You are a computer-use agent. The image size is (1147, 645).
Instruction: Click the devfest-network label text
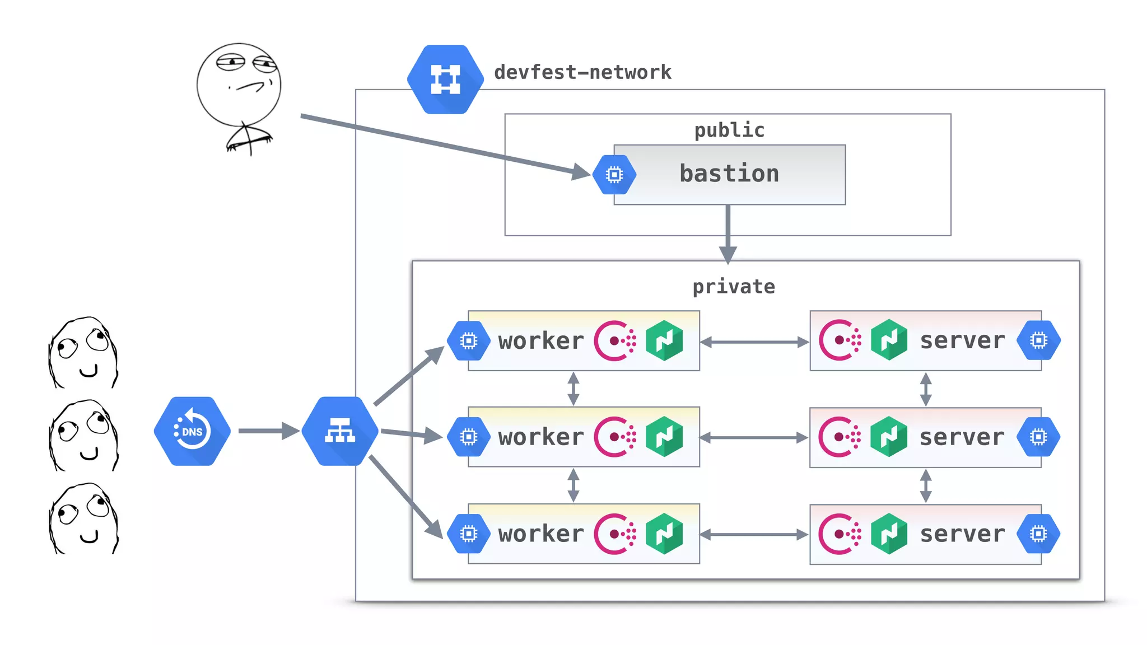(582, 72)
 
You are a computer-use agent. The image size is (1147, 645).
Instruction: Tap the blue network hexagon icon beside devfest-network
(445, 80)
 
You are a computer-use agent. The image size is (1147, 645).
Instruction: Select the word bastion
(729, 174)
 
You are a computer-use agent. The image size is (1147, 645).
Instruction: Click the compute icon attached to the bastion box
(614, 175)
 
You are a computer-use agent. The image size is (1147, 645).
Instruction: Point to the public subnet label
(729, 130)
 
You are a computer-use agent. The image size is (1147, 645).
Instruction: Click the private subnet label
(734, 287)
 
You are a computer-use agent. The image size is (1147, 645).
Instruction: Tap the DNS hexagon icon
(192, 431)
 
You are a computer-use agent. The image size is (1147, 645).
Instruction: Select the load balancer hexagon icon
(340, 431)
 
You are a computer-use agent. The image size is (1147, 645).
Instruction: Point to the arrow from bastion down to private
(728, 232)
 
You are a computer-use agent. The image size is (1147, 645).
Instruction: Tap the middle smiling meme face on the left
(84, 436)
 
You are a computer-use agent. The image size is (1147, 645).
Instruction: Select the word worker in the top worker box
(541, 341)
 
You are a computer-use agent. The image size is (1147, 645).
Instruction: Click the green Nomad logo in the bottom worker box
(664, 534)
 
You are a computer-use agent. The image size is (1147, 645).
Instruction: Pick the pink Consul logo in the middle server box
(840, 437)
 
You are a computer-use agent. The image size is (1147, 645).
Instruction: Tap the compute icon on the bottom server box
(1038, 534)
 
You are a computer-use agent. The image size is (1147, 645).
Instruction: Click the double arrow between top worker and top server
(754, 342)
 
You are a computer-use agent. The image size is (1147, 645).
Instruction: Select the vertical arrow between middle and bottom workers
(573, 485)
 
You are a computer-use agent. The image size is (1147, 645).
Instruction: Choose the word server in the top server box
(962, 340)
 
